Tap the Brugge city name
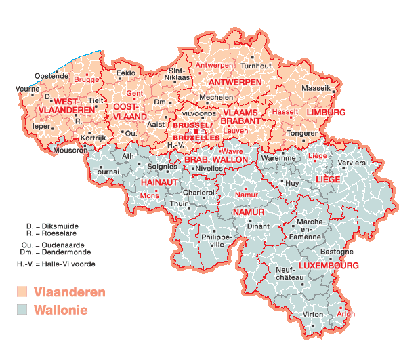86,79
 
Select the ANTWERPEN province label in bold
235,82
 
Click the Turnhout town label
256,66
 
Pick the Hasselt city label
285,111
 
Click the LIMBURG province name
326,112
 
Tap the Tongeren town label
303,133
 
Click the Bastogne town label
336,252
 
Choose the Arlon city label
345,314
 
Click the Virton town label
314,315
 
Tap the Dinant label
258,226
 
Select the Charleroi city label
199,193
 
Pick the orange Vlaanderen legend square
22,292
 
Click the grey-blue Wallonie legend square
22,310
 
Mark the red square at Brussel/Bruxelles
196,131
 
